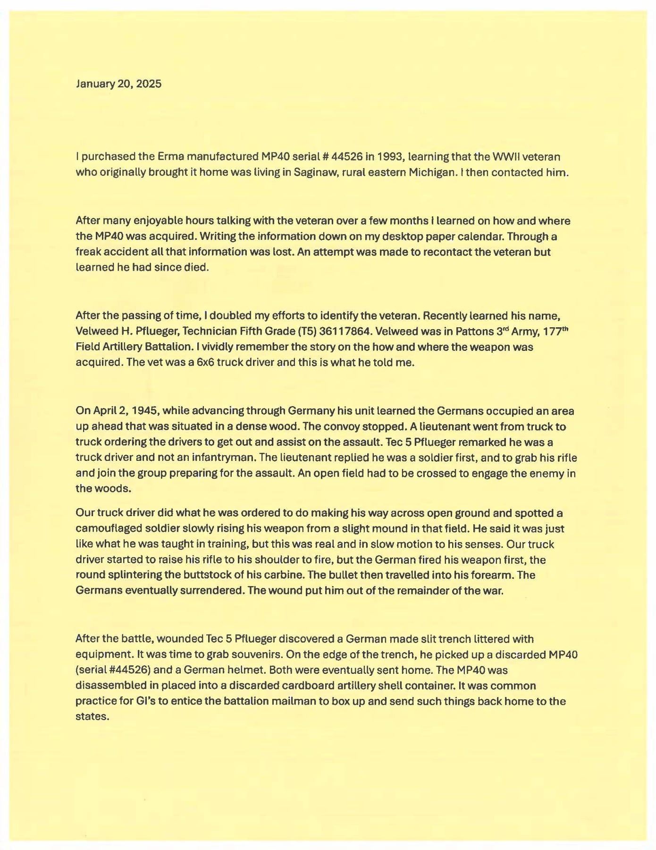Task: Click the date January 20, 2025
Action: point(118,84)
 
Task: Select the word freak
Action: point(87,252)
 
